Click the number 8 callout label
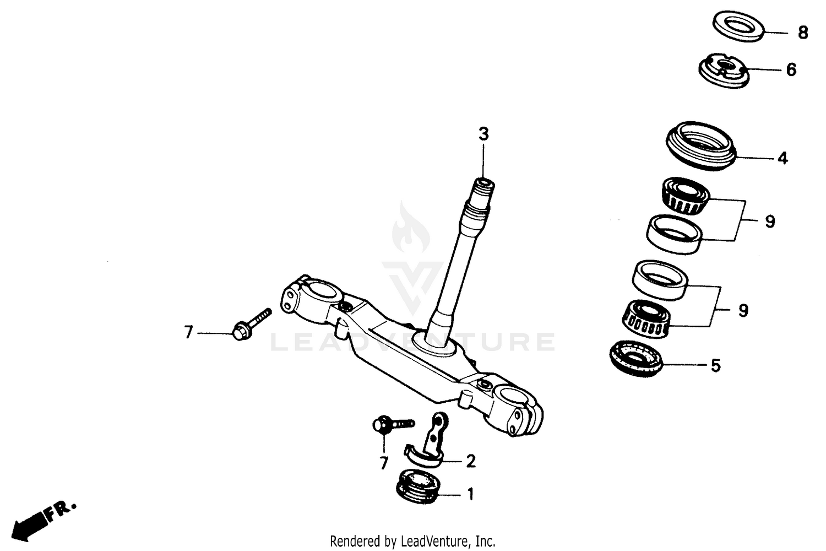pyautogui.click(x=803, y=33)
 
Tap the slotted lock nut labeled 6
pyautogui.click(x=723, y=70)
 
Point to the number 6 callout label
pyautogui.click(x=791, y=70)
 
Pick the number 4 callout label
pyautogui.click(x=782, y=159)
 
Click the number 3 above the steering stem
pyautogui.click(x=483, y=134)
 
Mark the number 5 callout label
pyautogui.click(x=715, y=365)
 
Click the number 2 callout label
pyautogui.click(x=471, y=461)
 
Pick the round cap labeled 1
pyautogui.click(x=417, y=485)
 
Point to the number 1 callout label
pyautogui.click(x=470, y=495)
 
